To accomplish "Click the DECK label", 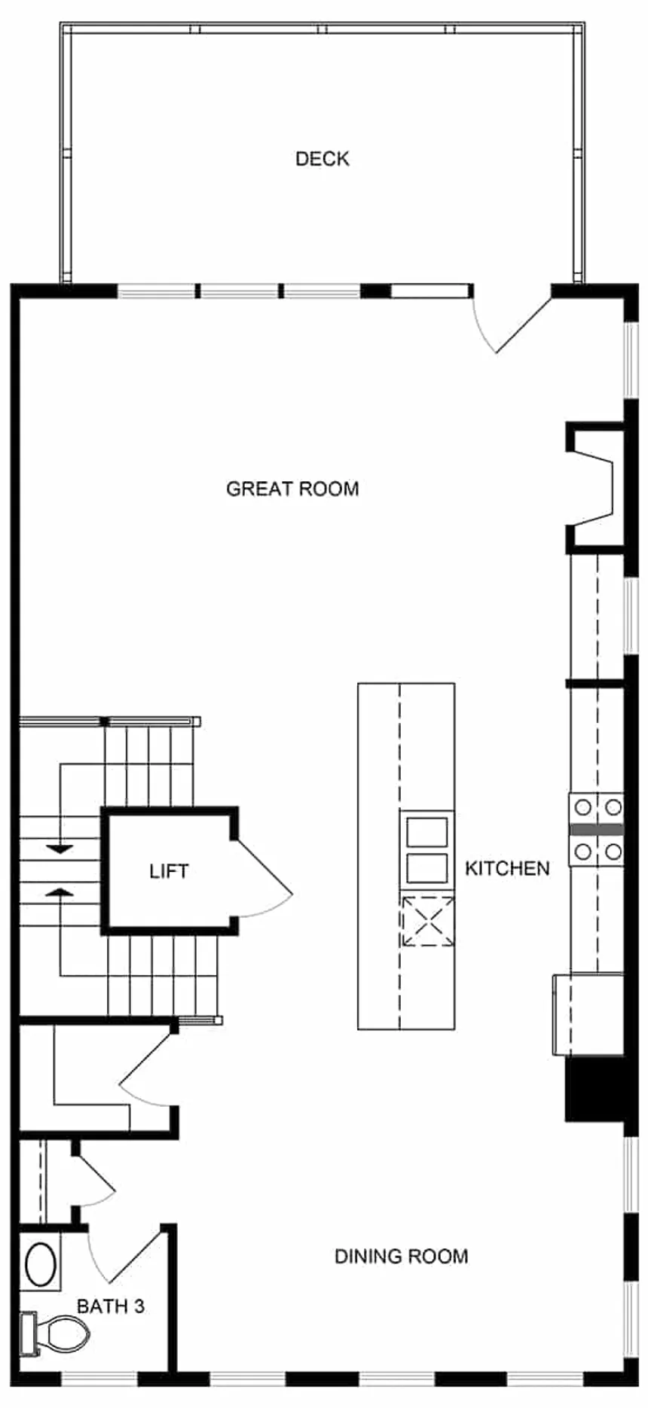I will click(322, 159).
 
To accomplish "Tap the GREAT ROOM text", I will click(292, 489).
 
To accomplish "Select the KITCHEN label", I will click(507, 868).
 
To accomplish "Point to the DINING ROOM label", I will click(401, 1256).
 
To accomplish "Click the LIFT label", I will click(169, 871).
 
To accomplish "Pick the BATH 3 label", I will click(111, 1306).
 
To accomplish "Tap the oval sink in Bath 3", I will click(41, 1266).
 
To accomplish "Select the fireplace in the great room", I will click(595, 486).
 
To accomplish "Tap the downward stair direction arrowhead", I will click(60, 849).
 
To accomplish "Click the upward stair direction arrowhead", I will click(60, 891).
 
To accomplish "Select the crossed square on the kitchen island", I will click(427, 921).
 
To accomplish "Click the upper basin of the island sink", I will click(427, 833).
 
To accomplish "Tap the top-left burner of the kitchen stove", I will click(582, 807).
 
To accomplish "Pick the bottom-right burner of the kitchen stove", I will click(613, 852).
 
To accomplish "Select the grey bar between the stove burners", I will click(597, 830).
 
